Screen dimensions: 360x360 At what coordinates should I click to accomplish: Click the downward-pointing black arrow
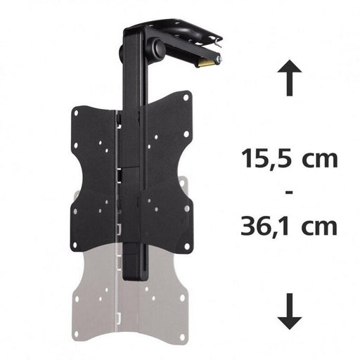(289, 310)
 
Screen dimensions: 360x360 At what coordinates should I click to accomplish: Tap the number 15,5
(264, 158)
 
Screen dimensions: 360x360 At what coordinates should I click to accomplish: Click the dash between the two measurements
(288, 192)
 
